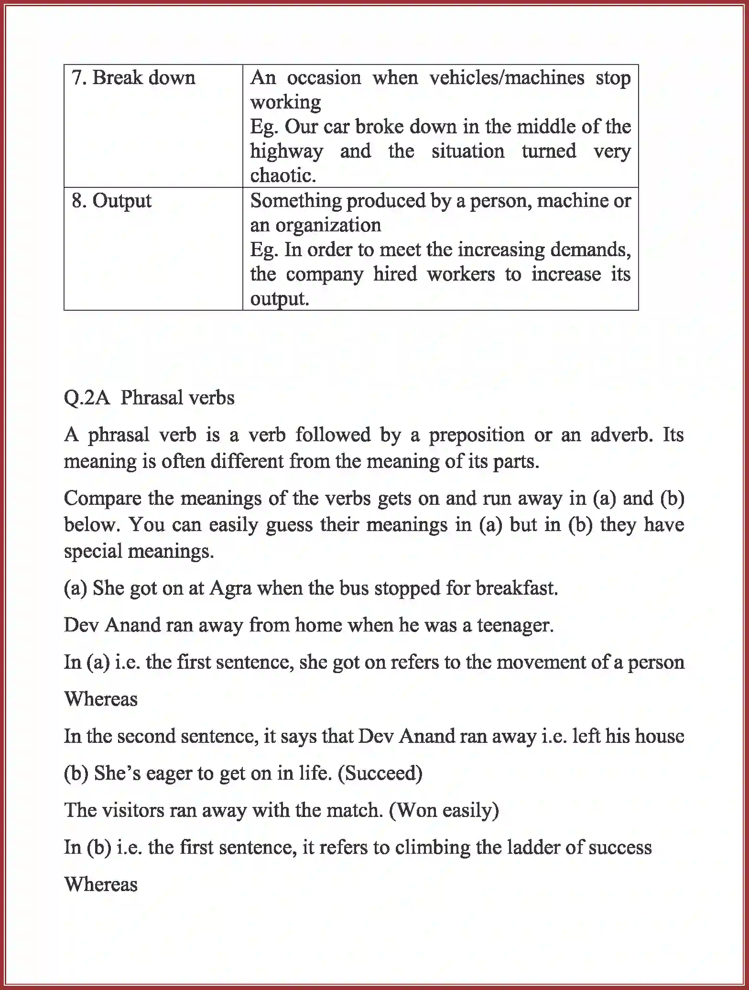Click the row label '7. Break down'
pos(133,77)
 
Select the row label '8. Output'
pos(111,200)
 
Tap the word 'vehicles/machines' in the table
pos(507,77)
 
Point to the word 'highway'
pos(286,152)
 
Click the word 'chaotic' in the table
pos(282,176)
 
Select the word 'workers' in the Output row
pos(461,274)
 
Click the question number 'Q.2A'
pos(87,398)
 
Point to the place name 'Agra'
pos(230,588)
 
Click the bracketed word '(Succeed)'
pos(380,773)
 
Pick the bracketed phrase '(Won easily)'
pos(444,810)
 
